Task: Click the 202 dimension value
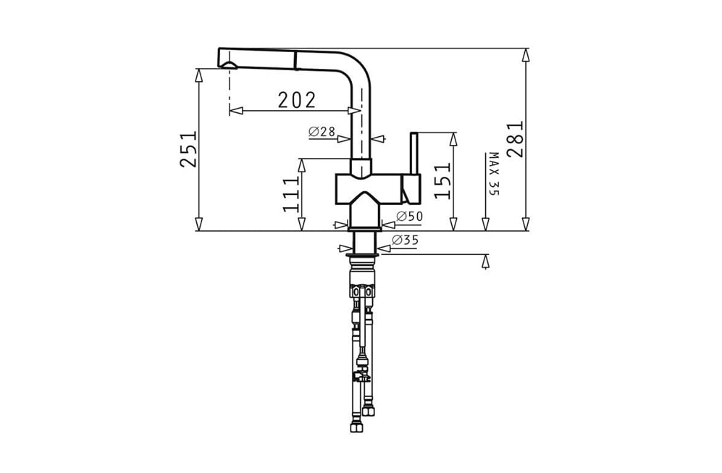point(297,100)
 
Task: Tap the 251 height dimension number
point(188,149)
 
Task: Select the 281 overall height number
point(514,140)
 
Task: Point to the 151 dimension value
point(442,181)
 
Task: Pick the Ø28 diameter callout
point(322,132)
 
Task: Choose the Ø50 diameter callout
point(409,216)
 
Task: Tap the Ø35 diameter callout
point(405,240)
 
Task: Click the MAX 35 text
point(494,174)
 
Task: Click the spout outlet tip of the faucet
point(228,67)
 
